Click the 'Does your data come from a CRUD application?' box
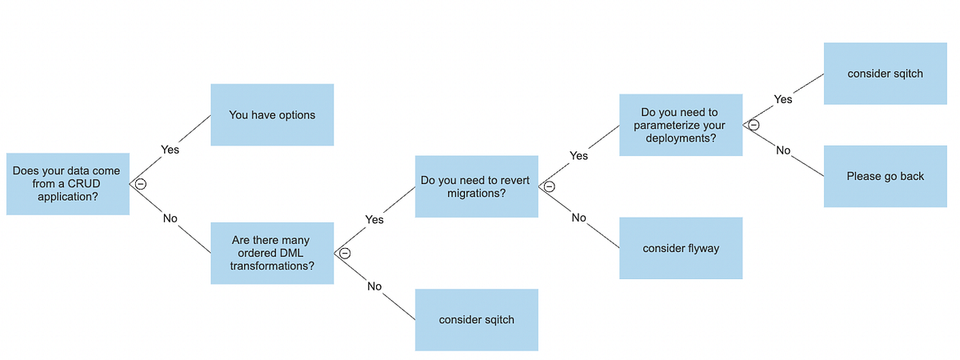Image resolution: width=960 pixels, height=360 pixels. (x=67, y=183)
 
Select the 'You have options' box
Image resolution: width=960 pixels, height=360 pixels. (x=272, y=115)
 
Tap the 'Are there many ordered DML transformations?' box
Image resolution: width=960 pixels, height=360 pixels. (x=272, y=253)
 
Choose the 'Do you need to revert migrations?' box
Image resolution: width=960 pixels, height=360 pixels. (x=476, y=186)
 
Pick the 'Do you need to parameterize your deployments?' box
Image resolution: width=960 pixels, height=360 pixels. (x=680, y=126)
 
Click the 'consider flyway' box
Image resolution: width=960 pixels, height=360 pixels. (x=681, y=248)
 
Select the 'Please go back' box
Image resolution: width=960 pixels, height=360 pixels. (x=885, y=176)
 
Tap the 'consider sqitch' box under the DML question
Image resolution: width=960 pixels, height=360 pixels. (x=476, y=319)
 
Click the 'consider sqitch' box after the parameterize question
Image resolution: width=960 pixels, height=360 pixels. (x=885, y=74)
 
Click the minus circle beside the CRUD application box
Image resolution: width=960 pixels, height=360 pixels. (x=140, y=183)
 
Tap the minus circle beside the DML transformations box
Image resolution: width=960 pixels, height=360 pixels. (x=345, y=253)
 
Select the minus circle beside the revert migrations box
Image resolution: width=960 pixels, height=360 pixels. (x=550, y=186)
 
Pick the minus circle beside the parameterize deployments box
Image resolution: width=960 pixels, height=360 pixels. (x=754, y=125)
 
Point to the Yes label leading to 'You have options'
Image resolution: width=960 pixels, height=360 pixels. (x=170, y=149)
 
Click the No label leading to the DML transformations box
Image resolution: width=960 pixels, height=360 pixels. (x=170, y=218)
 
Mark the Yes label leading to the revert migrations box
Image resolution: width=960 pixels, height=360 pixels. (x=374, y=219)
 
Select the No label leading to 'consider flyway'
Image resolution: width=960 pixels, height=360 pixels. (x=579, y=218)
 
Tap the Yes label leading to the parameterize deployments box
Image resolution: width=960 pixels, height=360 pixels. (x=578, y=156)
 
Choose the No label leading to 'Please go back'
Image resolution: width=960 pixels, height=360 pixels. (x=783, y=150)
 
